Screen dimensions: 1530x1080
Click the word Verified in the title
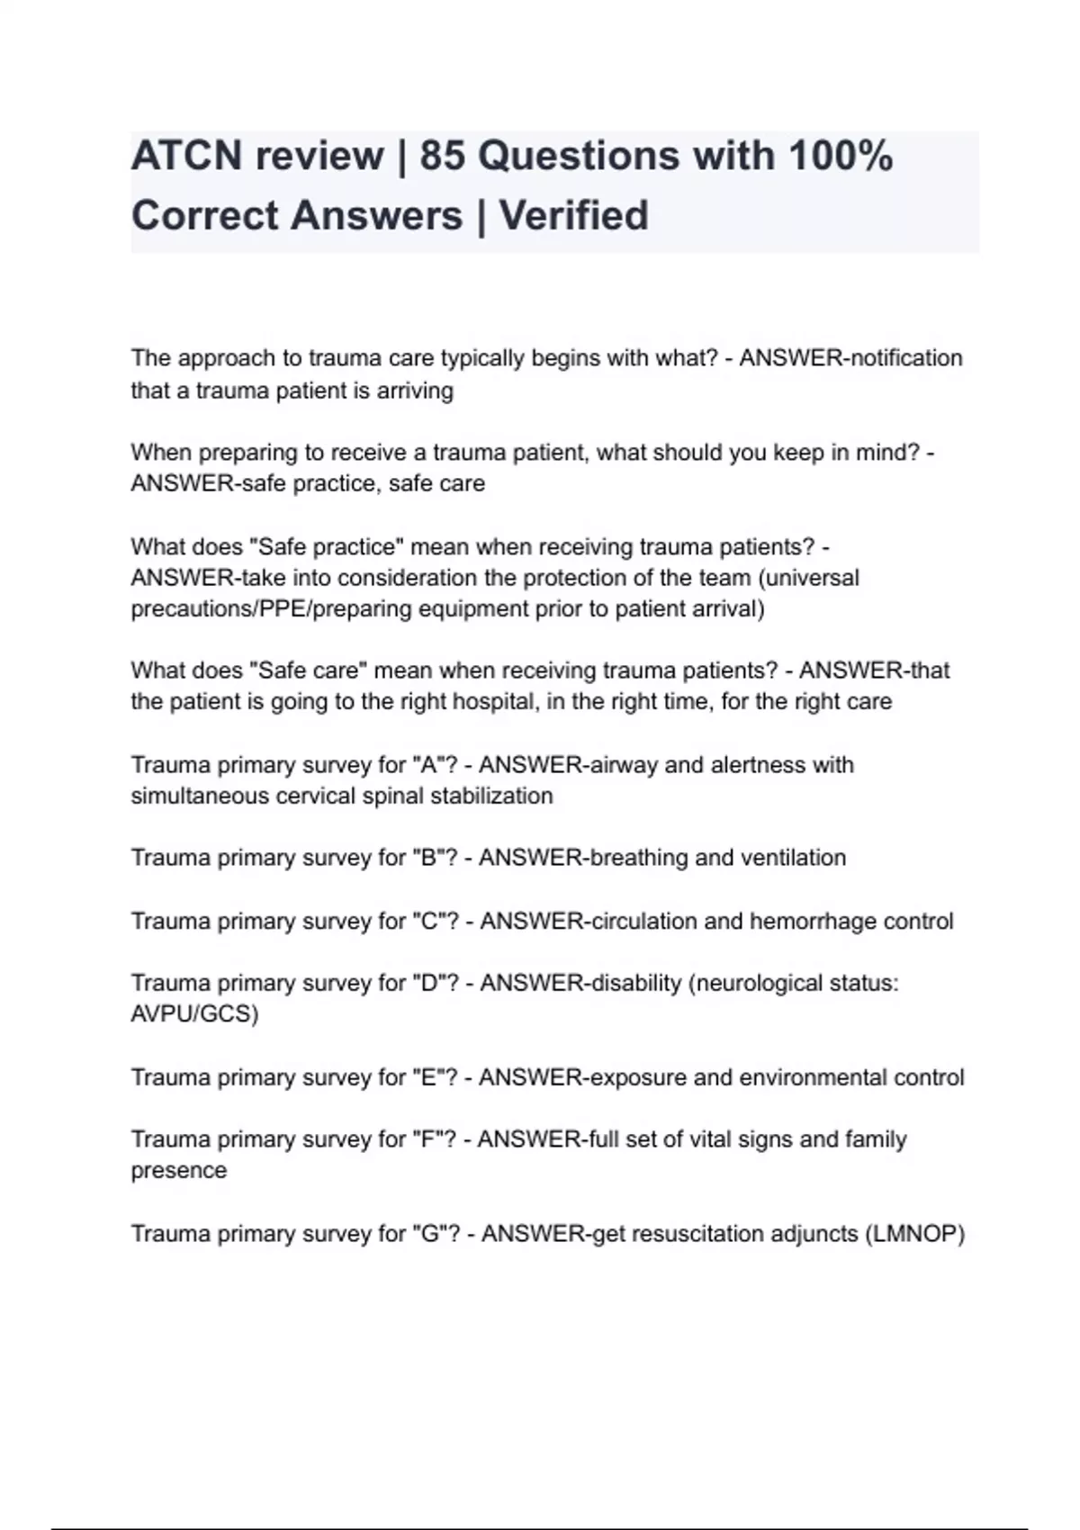pyautogui.click(x=573, y=216)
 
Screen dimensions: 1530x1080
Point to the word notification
pyautogui.click(x=906, y=358)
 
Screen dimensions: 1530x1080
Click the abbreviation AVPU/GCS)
pyautogui.click(x=194, y=1014)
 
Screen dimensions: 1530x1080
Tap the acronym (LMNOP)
pyautogui.click(x=914, y=1233)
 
